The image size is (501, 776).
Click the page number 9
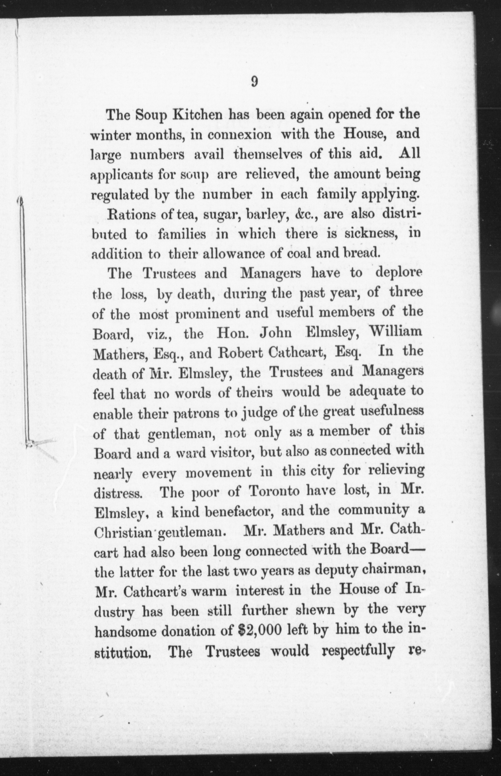[254, 81]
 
